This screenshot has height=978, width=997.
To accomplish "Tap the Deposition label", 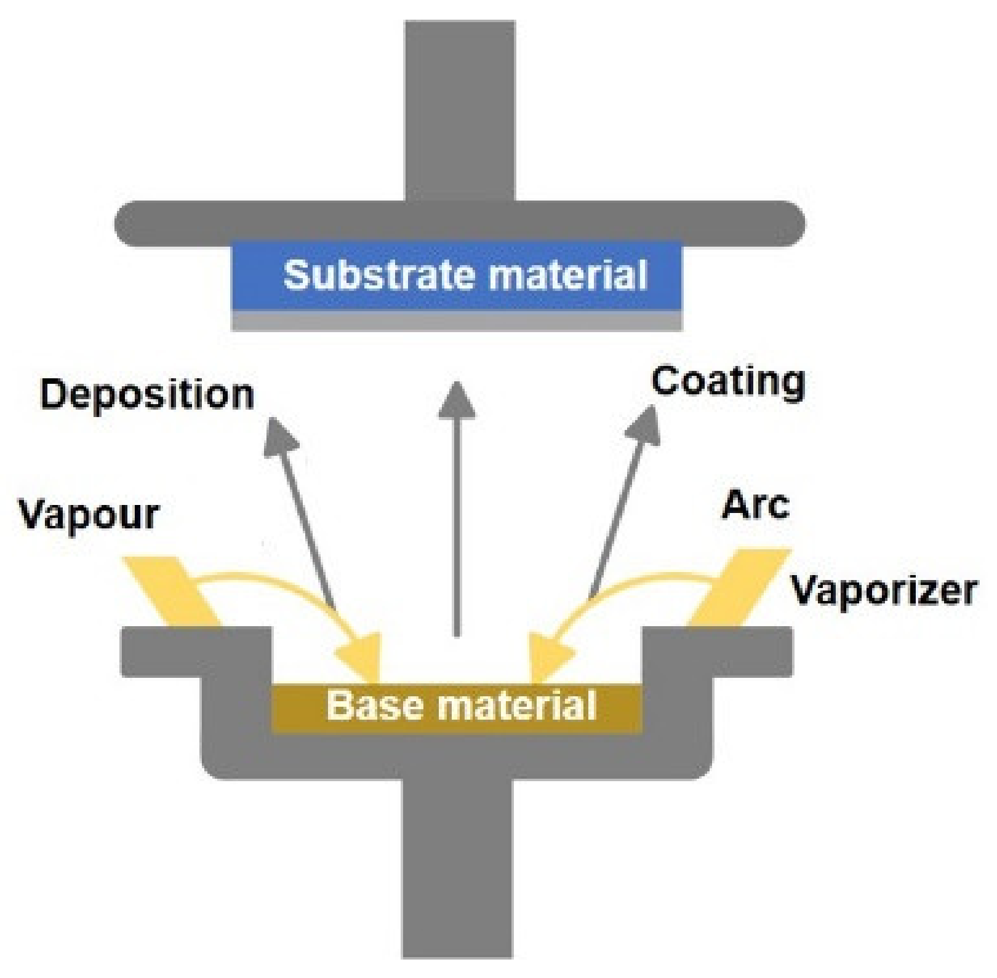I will (146, 394).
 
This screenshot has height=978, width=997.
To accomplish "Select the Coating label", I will (727, 381).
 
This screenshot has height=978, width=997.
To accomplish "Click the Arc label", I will (755, 506).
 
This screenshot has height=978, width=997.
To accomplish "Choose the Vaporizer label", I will (883, 590).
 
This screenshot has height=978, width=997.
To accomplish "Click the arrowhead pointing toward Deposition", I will (280, 435).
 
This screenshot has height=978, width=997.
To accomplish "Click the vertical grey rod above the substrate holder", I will (459, 111).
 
